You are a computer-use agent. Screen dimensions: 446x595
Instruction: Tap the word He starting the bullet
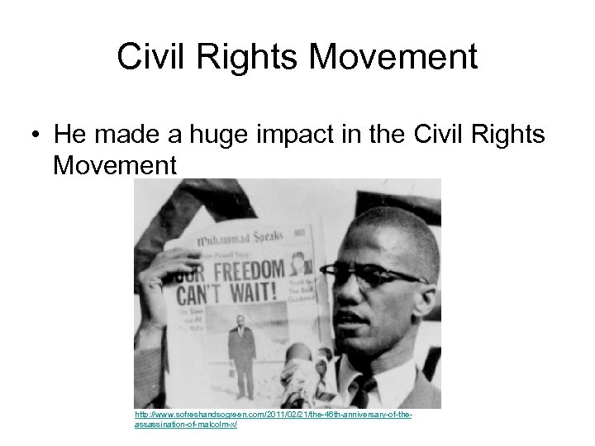[x=69, y=134]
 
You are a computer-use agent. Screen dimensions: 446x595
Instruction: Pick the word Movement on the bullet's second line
[x=115, y=165]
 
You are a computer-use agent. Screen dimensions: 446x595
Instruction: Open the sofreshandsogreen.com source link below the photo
[x=273, y=416]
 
